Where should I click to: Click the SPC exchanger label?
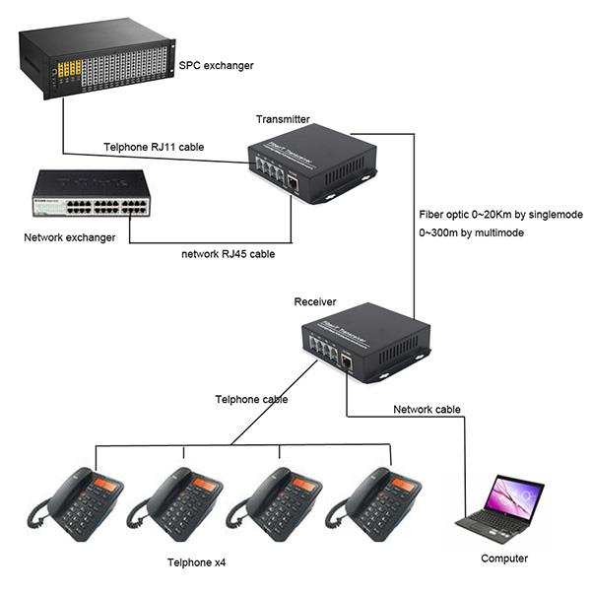pyautogui.click(x=216, y=66)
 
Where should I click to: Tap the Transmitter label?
pyautogui.click(x=282, y=119)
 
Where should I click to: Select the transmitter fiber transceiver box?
pyautogui.click(x=310, y=163)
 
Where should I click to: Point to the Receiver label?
pyautogui.click(x=314, y=301)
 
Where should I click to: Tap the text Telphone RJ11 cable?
pyautogui.click(x=154, y=148)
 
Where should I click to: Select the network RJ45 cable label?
pyautogui.click(x=228, y=254)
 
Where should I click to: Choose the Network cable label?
pyautogui.click(x=427, y=409)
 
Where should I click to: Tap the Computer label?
pyautogui.click(x=503, y=558)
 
